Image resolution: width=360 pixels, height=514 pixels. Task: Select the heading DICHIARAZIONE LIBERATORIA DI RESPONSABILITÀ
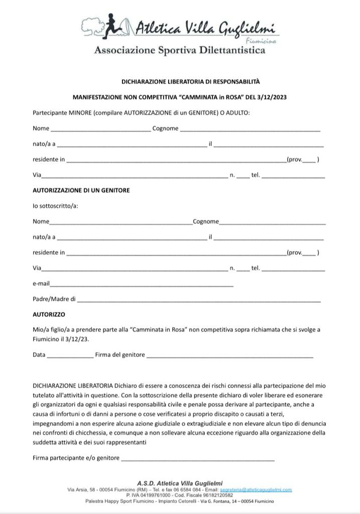click(x=190, y=81)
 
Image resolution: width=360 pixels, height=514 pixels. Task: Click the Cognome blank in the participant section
click(x=250, y=129)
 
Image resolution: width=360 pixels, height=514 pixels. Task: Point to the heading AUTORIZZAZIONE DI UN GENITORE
click(x=81, y=190)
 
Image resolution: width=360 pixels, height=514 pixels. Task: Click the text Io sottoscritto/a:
click(x=55, y=206)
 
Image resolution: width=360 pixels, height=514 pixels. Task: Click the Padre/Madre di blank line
click(x=198, y=300)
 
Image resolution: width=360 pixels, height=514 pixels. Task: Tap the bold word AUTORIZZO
click(x=49, y=315)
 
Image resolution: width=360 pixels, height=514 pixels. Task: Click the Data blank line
click(x=70, y=355)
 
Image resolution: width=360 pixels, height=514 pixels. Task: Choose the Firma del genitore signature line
click(x=229, y=355)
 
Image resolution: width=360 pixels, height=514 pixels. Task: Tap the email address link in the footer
click(x=256, y=489)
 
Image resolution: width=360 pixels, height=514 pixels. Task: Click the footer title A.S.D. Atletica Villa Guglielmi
click(x=180, y=483)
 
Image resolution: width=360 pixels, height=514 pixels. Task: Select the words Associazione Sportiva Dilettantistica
click(x=179, y=50)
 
